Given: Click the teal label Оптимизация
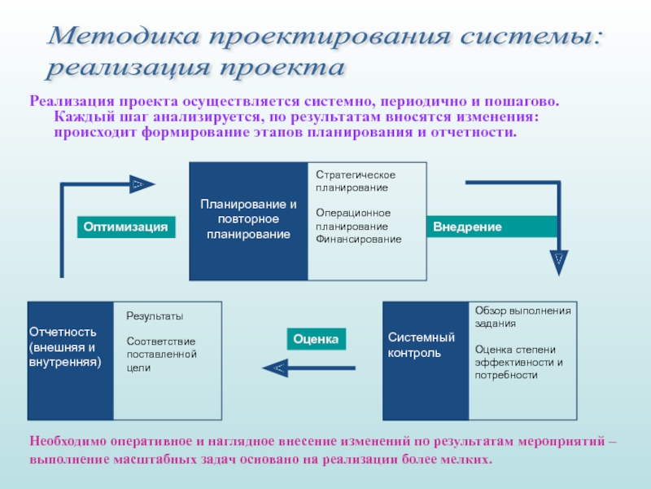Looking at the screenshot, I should (128, 227).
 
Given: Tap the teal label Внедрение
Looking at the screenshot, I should (468, 226).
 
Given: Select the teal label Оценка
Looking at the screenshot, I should (316, 338).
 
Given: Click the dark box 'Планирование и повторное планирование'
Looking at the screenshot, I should (249, 219).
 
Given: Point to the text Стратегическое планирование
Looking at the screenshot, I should (356, 182).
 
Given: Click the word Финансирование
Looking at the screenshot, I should (359, 239).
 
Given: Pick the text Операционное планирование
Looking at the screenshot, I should (353, 219).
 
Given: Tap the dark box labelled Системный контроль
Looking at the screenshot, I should (425, 345).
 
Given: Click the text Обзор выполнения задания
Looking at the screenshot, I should (523, 316).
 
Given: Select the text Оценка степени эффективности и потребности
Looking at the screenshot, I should (519, 362).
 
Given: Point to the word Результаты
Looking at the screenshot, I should (155, 316).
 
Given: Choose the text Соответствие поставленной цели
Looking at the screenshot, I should (162, 355).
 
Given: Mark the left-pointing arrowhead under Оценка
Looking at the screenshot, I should (274, 369).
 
